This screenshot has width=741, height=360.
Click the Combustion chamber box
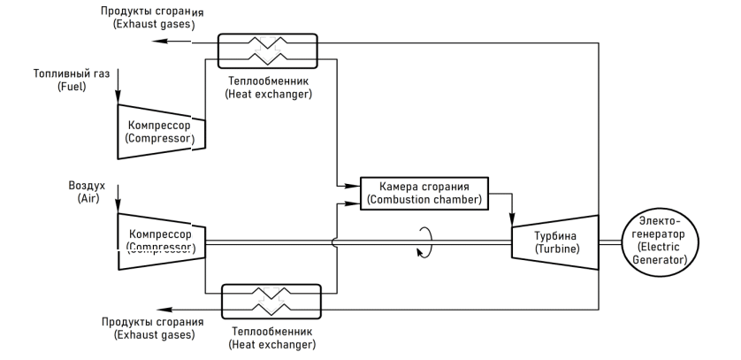pos(425,193)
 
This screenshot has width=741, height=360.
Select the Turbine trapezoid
pos(554,241)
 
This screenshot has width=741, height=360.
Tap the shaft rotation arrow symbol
pos(425,240)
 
